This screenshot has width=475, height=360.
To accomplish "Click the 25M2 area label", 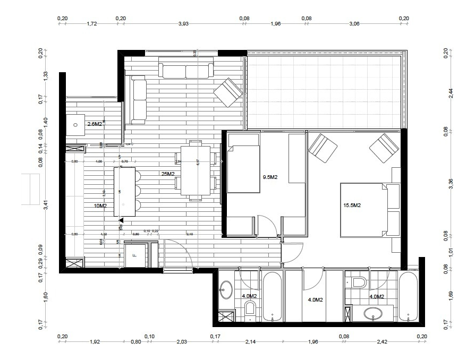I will pyautogui.click(x=168, y=174).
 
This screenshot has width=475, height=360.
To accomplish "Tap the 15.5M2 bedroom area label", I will pyautogui.click(x=352, y=205).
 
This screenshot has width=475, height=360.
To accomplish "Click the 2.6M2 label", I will pyautogui.click(x=95, y=124).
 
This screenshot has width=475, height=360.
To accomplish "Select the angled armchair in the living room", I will pyautogui.click(x=228, y=93).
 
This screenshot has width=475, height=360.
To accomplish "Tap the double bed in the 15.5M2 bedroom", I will pyautogui.click(x=364, y=210).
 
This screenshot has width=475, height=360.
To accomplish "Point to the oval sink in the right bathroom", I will pyautogui.click(x=375, y=314).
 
